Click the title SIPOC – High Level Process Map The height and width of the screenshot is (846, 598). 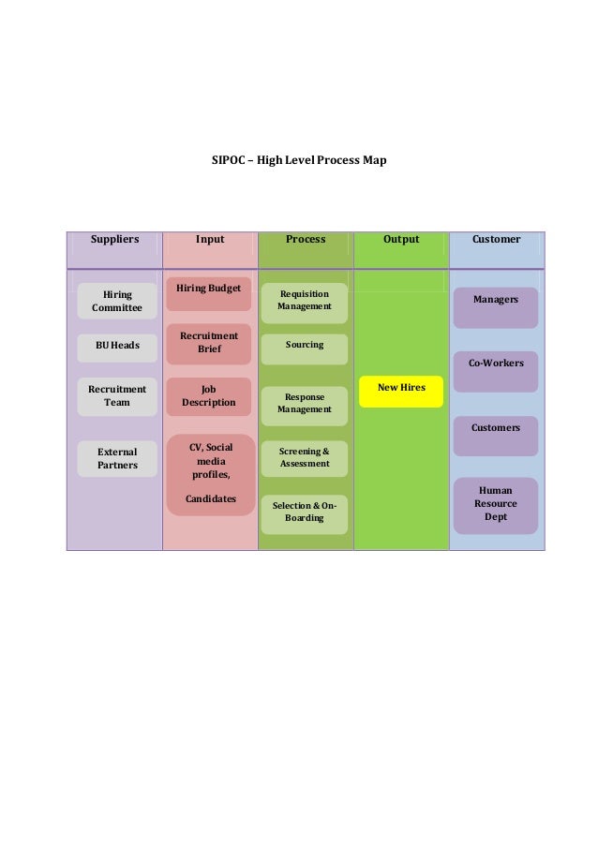[299, 161]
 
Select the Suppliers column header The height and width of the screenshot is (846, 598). [114, 240]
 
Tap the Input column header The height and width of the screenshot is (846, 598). [210, 240]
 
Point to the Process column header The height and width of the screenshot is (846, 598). [306, 240]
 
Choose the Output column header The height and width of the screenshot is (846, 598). [401, 240]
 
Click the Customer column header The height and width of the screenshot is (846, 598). [497, 240]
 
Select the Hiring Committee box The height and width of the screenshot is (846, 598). [117, 301]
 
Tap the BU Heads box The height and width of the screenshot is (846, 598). [117, 346]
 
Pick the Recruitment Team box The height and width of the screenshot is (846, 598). [117, 396]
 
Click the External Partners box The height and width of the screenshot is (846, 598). [117, 459]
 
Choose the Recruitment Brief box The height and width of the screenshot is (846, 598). [209, 343]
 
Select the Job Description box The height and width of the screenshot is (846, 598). [209, 396]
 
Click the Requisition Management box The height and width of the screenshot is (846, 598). [305, 301]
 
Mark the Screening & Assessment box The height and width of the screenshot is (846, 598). [305, 458]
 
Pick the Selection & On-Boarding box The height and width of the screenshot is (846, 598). [305, 512]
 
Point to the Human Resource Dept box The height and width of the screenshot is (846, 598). [496, 504]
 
